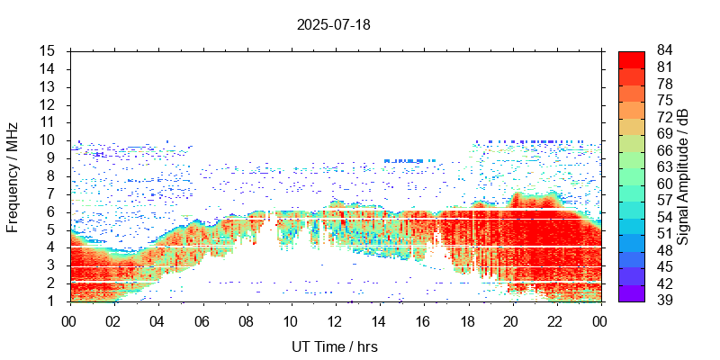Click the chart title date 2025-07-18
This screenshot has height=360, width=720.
[x=333, y=24]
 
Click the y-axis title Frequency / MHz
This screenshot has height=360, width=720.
[x=13, y=176]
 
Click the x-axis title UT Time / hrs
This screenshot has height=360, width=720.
[x=334, y=346]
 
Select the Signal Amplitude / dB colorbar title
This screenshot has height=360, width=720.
[x=683, y=176]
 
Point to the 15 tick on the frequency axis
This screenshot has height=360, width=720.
[x=49, y=51]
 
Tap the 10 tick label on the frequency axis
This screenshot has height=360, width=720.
[x=49, y=140]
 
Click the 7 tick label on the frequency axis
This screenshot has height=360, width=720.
[x=52, y=193]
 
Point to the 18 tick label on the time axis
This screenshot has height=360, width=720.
[x=467, y=319]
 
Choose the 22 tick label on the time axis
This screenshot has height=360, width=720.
[x=556, y=319]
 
